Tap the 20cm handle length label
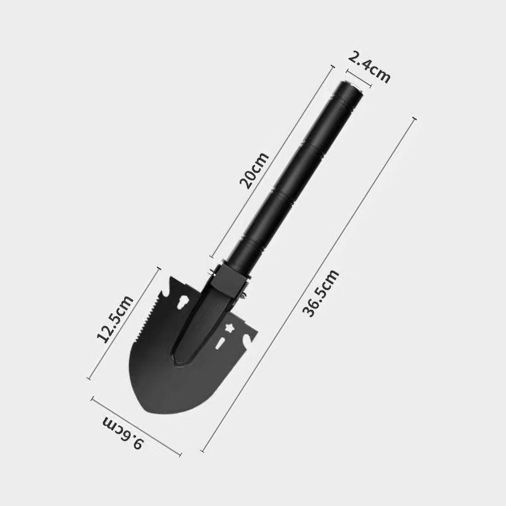[254, 170]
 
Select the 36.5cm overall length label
[321, 293]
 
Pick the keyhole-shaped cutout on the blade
[184, 304]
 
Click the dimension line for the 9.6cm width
[136, 426]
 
